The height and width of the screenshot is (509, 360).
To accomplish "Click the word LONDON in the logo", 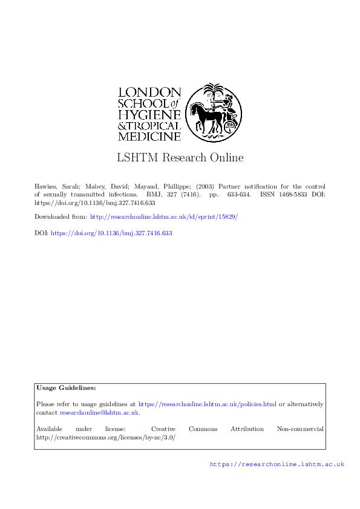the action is pos(149,92).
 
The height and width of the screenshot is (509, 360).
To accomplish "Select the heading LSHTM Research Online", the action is pos(180,158).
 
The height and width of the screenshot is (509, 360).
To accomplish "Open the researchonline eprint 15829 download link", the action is pos(164,216).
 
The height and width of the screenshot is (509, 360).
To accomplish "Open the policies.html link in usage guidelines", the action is pos(208,404).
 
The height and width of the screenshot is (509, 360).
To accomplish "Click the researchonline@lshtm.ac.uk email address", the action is pos(99,412).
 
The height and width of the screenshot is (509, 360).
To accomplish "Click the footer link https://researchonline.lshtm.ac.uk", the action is pos(277,464).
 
